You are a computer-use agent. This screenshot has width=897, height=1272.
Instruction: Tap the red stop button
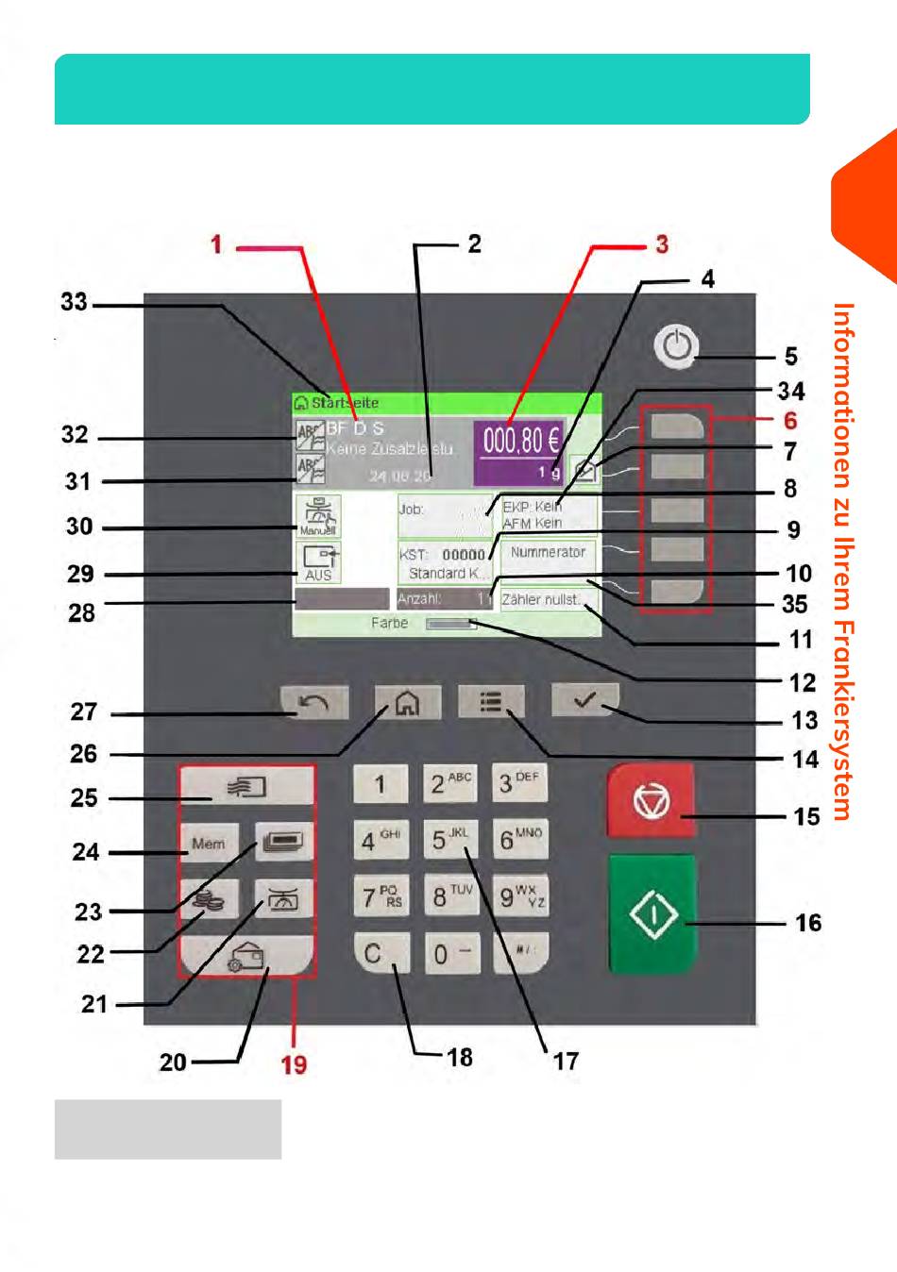(x=651, y=800)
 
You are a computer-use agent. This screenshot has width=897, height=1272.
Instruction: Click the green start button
(x=652, y=914)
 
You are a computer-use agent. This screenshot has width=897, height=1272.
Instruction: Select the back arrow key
(x=314, y=702)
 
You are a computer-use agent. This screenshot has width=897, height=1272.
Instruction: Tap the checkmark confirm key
(x=585, y=699)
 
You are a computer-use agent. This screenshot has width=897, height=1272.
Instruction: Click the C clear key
(x=381, y=953)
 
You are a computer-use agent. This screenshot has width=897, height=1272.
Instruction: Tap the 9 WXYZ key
(x=520, y=895)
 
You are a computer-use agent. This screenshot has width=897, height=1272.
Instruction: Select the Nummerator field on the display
(x=548, y=552)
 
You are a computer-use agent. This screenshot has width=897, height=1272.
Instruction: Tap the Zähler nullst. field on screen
(x=548, y=599)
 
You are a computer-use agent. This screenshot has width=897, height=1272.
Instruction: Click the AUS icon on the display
(x=318, y=562)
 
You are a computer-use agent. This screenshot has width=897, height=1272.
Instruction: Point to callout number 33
(x=74, y=303)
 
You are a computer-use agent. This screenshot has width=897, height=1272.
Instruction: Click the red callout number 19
(x=294, y=1064)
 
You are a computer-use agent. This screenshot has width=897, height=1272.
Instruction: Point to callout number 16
(x=808, y=923)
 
